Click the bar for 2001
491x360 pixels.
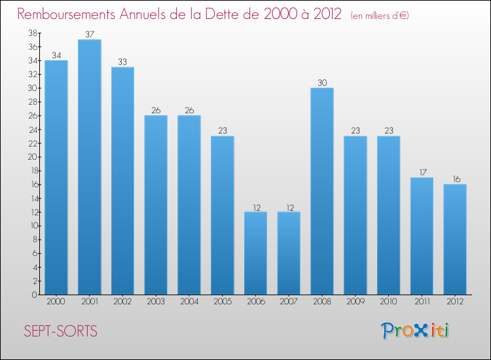click(x=89, y=167)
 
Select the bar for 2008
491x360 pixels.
click(x=322, y=191)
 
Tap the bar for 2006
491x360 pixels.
click(x=255, y=253)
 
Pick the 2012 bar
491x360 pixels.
click(x=454, y=239)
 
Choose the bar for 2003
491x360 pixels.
click(x=156, y=205)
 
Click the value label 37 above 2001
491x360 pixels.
click(x=89, y=34)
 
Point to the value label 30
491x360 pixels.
click(x=322, y=82)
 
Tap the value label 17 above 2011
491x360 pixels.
click(x=422, y=172)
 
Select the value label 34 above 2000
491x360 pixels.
click(x=56, y=55)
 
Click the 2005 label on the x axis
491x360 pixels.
click(x=222, y=302)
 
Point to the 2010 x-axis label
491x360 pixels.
click(x=388, y=302)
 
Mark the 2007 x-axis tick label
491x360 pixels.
click(x=289, y=302)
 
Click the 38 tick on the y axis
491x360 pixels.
click(x=32, y=33)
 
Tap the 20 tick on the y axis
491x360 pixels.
click(x=32, y=157)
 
